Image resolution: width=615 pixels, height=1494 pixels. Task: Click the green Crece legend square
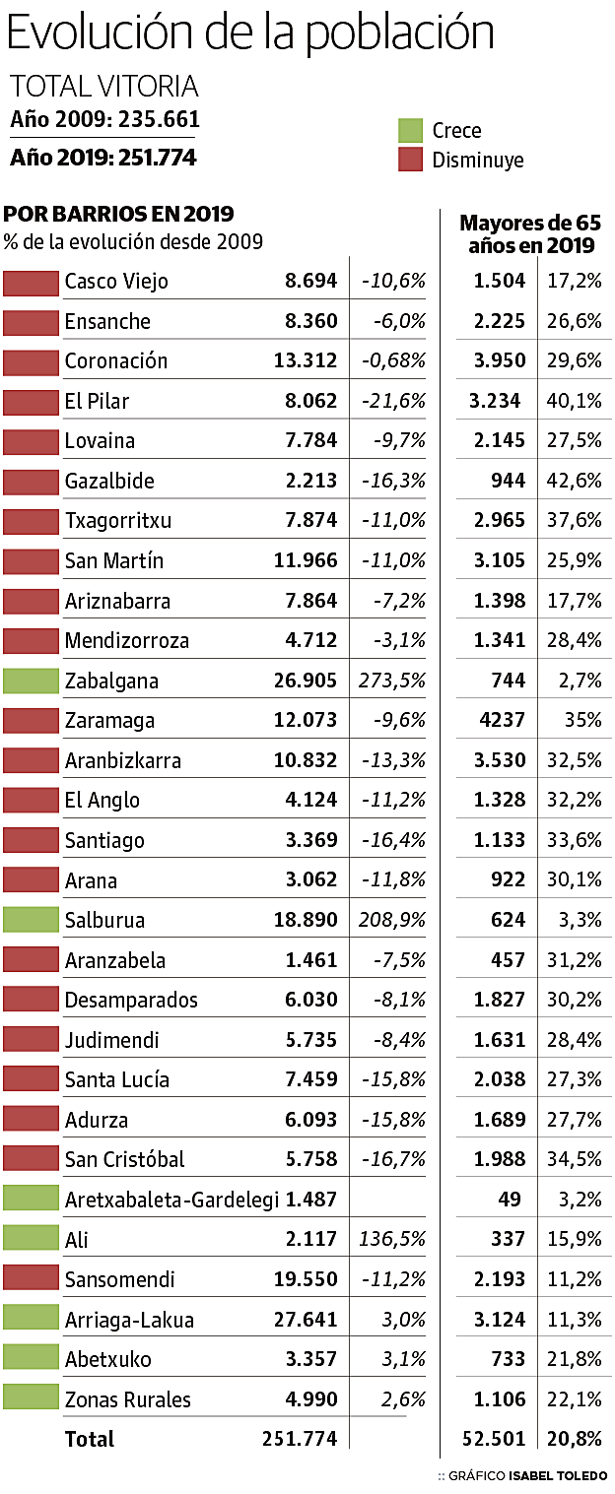coord(410,130)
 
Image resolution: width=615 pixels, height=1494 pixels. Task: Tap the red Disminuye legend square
coord(410,160)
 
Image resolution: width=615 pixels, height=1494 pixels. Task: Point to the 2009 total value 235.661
coord(159,119)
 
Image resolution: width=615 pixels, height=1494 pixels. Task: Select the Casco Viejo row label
coord(116,282)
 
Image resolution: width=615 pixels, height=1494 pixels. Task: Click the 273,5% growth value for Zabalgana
coord(394,682)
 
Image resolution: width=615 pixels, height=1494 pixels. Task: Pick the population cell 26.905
coord(306,682)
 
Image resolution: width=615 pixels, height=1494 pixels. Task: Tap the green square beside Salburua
coord(31,921)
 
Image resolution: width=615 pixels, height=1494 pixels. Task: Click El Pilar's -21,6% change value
coord(393,402)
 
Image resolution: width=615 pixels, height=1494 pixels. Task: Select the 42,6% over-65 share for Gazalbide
coord(575,482)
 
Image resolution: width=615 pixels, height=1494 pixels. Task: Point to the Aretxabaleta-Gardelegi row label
coord(171,1200)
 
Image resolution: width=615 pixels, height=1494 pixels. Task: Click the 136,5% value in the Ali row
coord(394,1240)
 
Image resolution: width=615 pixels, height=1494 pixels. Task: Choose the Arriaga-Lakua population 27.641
coord(306,1320)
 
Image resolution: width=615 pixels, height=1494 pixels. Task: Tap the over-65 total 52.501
coord(494,1439)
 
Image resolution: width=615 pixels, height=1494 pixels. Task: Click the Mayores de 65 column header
coord(530,233)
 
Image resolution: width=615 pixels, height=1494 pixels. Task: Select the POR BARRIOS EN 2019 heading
coord(119,214)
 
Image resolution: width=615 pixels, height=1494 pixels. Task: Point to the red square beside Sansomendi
coord(31,1279)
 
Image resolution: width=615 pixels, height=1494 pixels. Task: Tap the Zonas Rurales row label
coord(128,1399)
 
